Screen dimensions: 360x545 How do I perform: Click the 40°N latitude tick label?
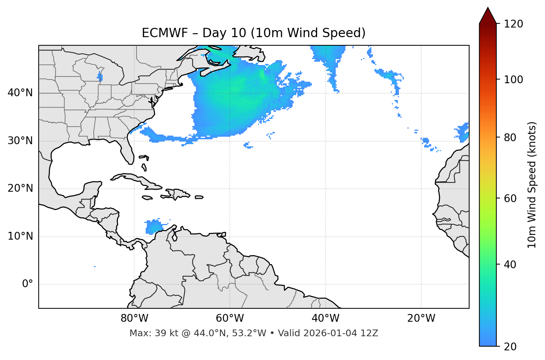[x=20, y=93]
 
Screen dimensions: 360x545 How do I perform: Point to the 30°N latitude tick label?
[x=20, y=141]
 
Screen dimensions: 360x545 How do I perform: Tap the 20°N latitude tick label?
[x=20, y=188]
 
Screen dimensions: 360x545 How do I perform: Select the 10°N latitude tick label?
[x=20, y=236]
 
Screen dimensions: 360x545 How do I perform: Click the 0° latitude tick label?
[x=27, y=284]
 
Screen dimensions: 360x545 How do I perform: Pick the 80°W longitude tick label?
[x=134, y=318]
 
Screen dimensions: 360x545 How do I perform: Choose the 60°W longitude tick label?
[x=230, y=318]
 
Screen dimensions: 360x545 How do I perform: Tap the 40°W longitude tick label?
[x=325, y=318]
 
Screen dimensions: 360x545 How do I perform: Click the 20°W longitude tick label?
[x=421, y=318]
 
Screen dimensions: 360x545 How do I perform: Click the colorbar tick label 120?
[x=513, y=24]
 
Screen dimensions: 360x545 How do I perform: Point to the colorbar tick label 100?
[x=513, y=80]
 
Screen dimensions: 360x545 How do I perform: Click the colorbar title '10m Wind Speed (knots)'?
[x=532, y=185]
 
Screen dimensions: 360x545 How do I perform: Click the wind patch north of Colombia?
[x=153, y=227]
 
